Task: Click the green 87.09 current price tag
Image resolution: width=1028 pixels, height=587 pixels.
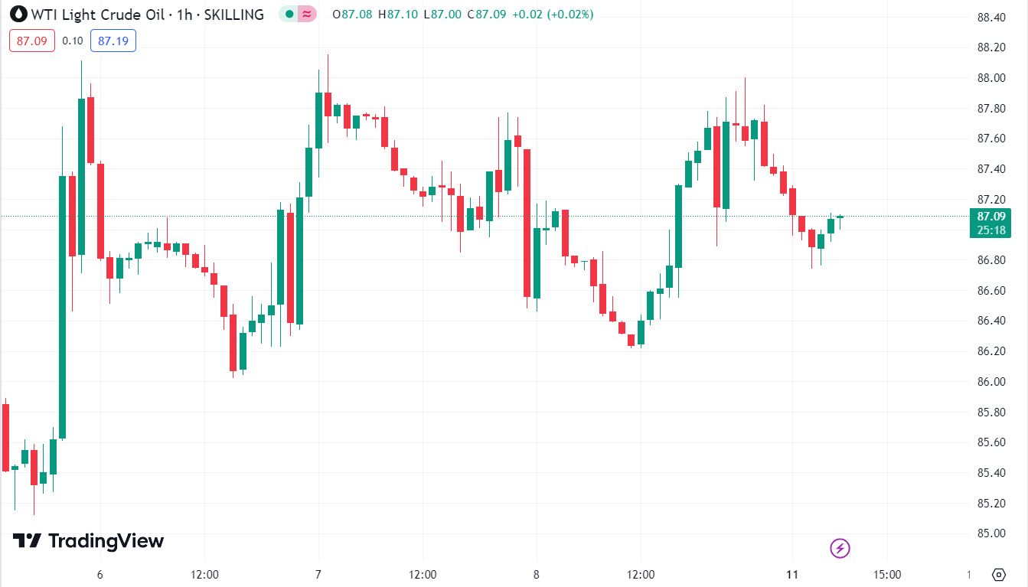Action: coord(990,216)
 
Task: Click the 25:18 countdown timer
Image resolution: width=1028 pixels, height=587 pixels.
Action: coord(990,230)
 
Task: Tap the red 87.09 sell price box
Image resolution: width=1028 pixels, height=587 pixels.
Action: coord(32,41)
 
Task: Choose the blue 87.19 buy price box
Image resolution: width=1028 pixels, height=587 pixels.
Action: coord(113,41)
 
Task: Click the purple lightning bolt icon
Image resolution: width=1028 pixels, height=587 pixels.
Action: coord(840,548)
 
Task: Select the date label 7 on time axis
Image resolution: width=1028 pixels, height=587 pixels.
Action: coord(318,575)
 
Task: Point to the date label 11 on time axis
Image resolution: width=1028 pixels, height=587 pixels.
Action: coord(793,575)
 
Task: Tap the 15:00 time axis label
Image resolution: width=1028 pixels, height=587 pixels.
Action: coord(887,575)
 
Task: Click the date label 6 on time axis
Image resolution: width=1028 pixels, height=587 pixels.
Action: coord(100,575)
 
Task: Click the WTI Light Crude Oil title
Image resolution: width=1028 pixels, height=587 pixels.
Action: coord(92,14)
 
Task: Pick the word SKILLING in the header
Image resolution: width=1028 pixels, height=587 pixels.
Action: coord(233,14)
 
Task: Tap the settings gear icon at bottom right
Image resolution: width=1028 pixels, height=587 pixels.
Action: coord(998,574)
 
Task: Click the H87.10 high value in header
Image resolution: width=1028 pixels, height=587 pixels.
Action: coord(402,14)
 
